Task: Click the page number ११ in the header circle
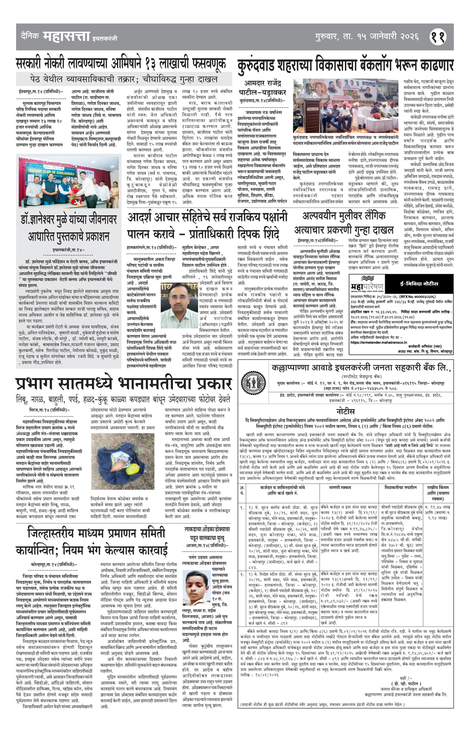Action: click(x=437, y=37)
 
